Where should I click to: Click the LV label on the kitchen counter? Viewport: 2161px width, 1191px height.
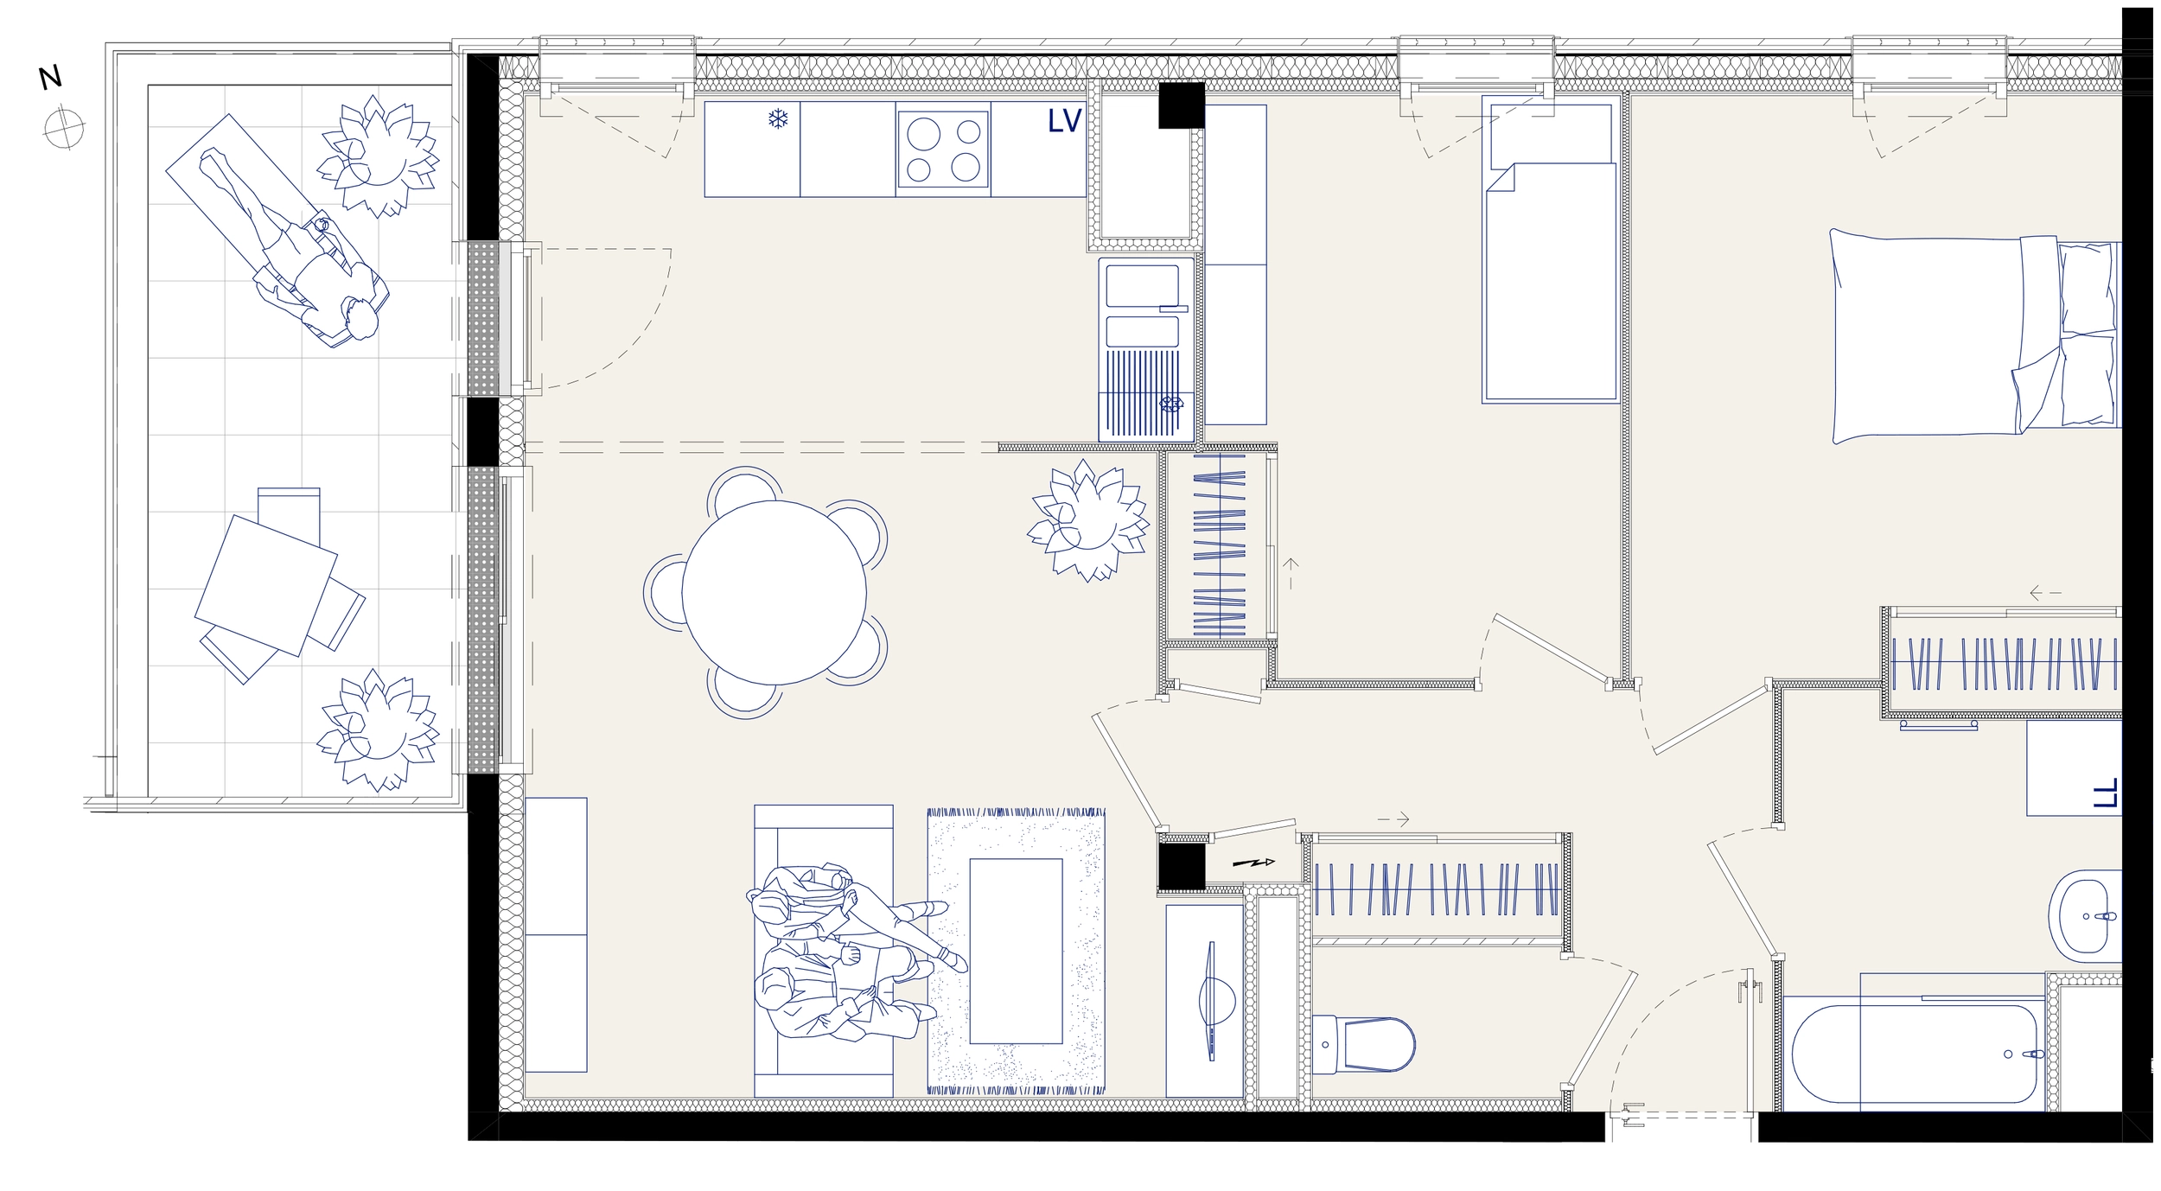click(x=1064, y=122)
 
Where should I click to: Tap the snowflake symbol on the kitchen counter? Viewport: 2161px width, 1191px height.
click(x=778, y=118)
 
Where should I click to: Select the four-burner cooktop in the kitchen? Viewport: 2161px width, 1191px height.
click(x=942, y=149)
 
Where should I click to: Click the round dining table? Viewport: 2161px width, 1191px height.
click(x=774, y=592)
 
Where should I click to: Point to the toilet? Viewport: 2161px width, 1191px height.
click(x=1363, y=1045)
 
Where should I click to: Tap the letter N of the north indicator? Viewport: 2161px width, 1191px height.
click(x=50, y=78)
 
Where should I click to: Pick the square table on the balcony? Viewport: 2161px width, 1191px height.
click(x=265, y=585)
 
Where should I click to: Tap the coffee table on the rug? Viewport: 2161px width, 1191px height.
click(x=1016, y=951)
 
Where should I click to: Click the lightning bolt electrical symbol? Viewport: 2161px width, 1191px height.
click(x=1253, y=863)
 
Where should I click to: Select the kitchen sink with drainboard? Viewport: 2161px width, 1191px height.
click(x=1147, y=349)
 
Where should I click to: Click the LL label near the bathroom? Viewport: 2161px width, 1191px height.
click(x=2106, y=793)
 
